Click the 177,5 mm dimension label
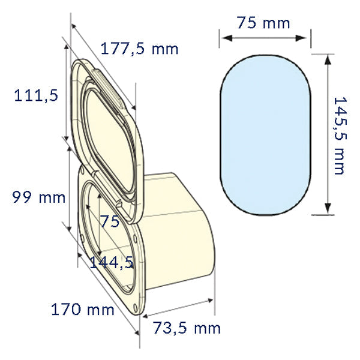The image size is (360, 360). coord(139,49)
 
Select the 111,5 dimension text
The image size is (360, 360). coord(36,94)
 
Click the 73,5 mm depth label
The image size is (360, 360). coord(187,328)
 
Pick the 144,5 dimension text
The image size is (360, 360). coord(111,262)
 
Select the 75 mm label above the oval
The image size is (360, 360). coord(263,23)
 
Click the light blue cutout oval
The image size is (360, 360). coord(266,134)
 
